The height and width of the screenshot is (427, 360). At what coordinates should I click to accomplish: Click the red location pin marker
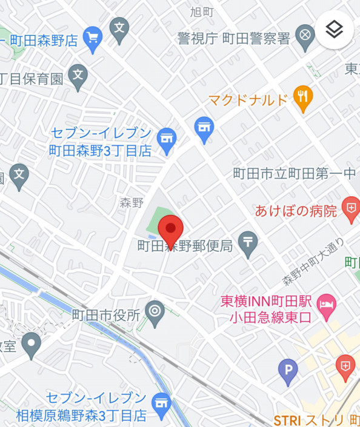171,230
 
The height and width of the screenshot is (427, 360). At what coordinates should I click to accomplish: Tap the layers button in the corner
334,29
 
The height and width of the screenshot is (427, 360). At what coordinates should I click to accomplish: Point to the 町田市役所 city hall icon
156,313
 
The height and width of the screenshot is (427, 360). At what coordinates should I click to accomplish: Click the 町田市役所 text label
106,315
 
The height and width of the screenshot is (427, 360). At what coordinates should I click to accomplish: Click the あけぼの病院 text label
296,211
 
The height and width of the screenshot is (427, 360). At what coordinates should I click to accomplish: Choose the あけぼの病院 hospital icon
350,208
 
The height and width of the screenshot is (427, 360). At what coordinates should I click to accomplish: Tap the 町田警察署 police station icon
305,35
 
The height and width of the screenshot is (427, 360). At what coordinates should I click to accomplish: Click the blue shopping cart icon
92,37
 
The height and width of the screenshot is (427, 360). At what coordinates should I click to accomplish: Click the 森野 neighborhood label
132,203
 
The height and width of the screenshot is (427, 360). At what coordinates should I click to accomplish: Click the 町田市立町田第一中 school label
295,174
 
